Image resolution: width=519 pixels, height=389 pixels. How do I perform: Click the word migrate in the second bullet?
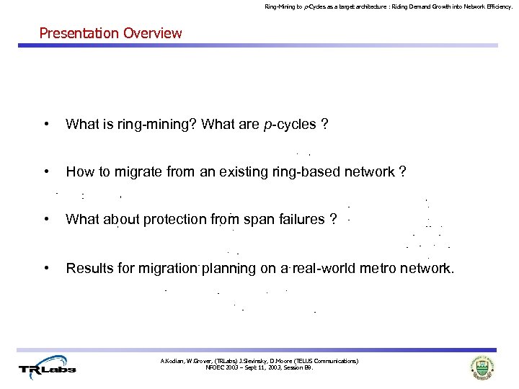[x=132, y=172]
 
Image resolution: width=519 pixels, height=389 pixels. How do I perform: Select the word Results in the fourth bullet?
[x=88, y=269]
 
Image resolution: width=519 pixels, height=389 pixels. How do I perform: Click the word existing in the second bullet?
[x=249, y=172]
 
